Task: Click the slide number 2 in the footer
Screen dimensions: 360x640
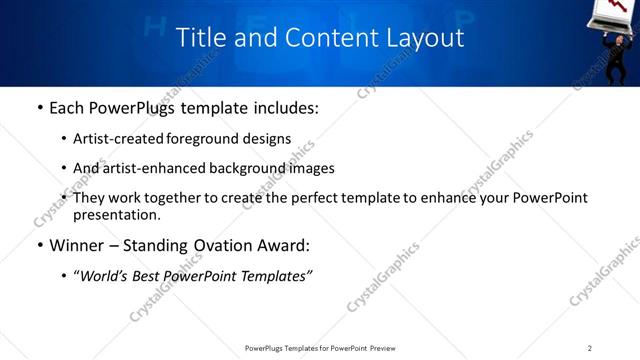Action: click(x=590, y=348)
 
